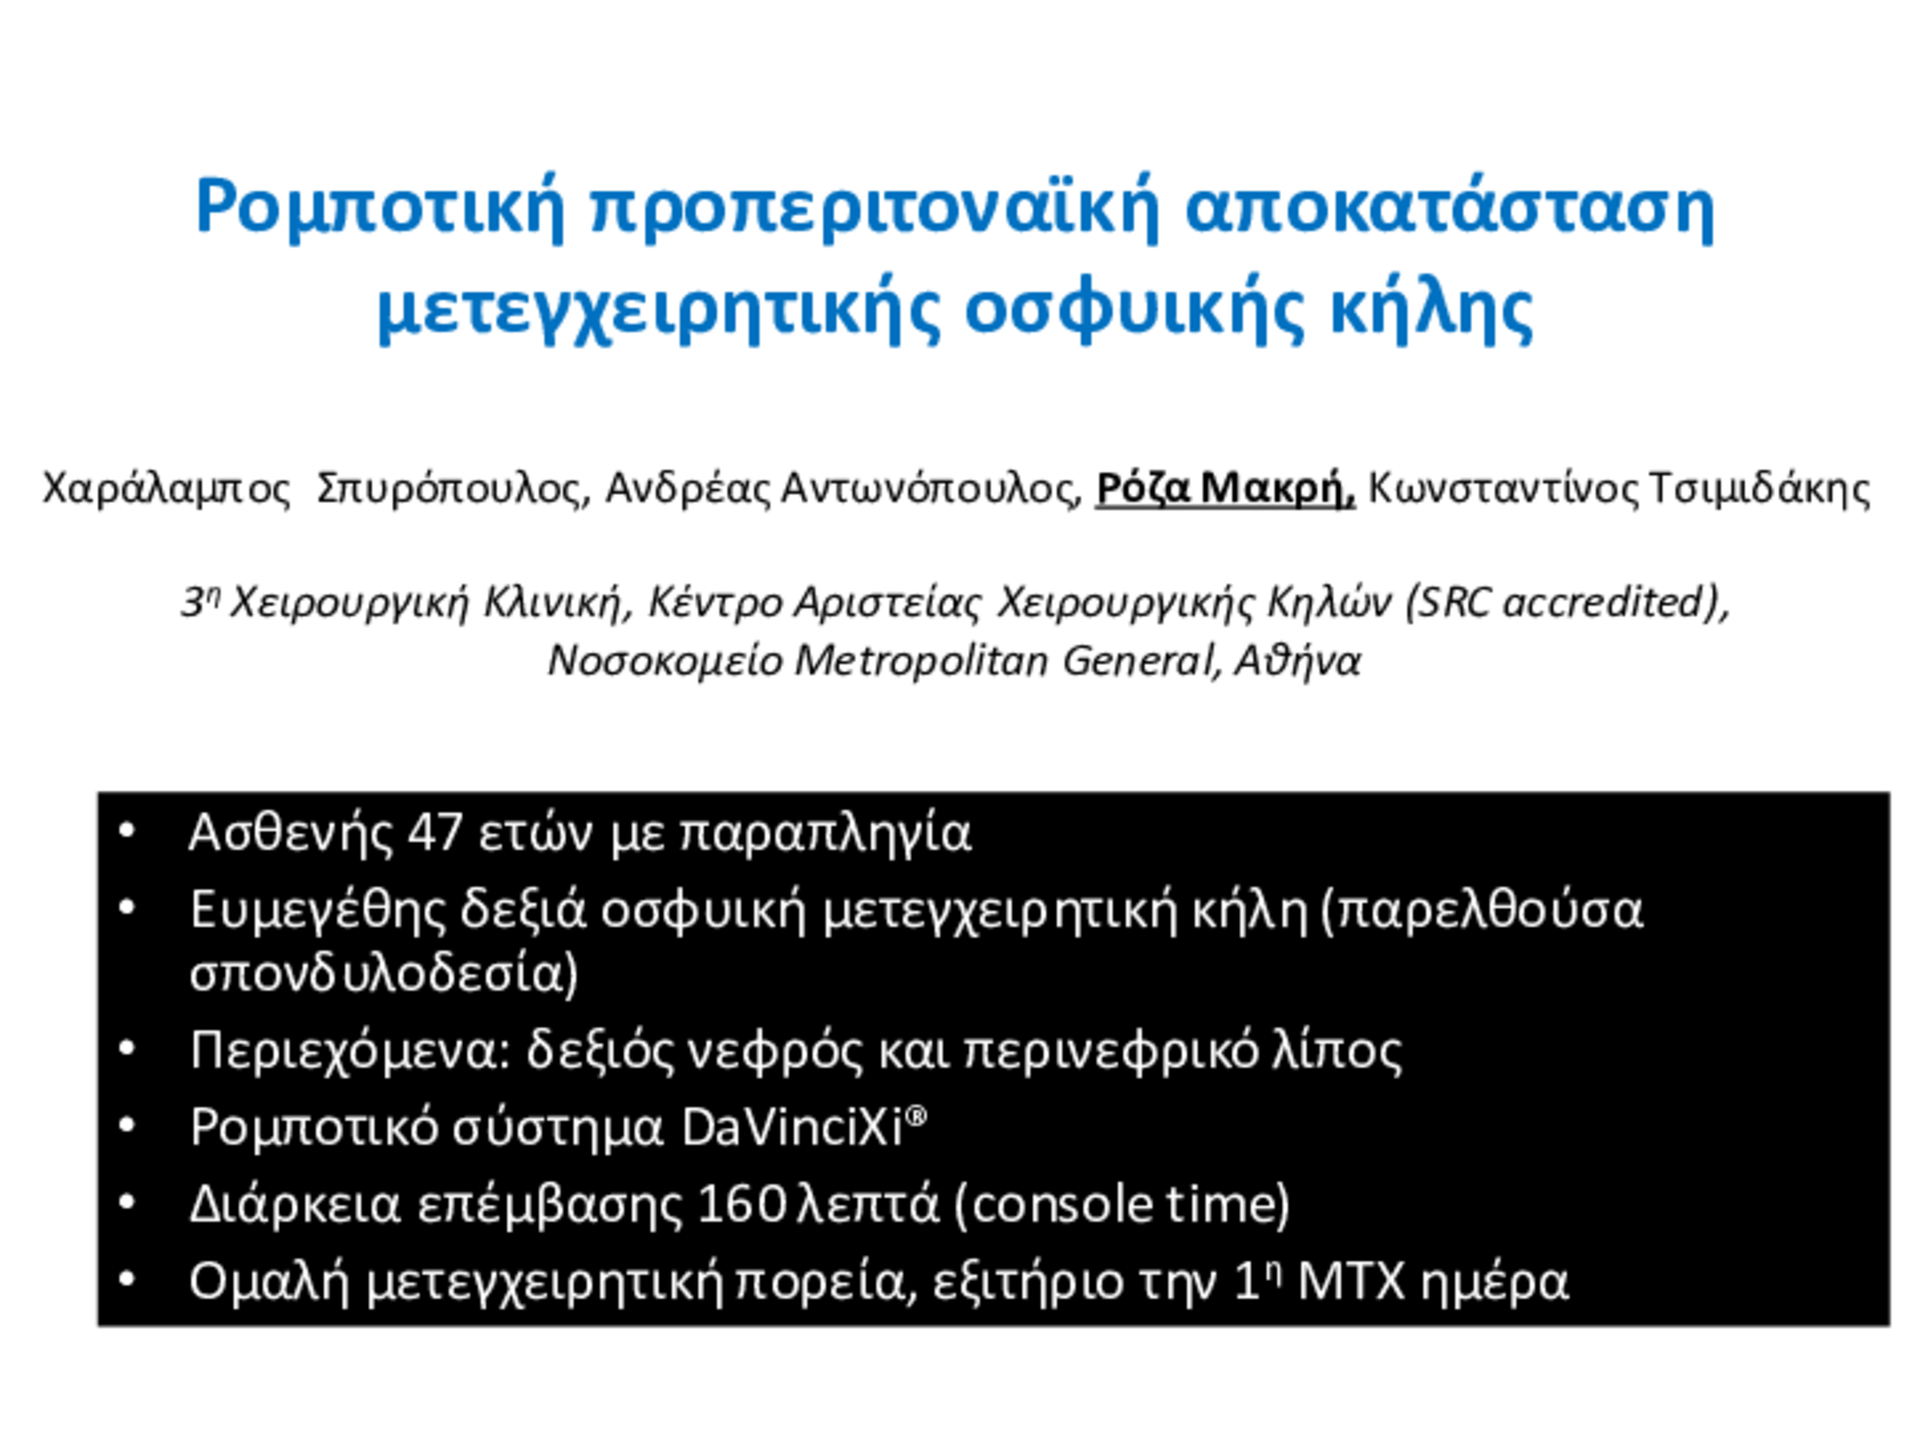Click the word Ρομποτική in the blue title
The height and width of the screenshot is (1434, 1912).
tap(380, 208)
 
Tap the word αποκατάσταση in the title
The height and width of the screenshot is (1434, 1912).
tap(1449, 208)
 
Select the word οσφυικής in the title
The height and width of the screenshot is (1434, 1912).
tap(1133, 309)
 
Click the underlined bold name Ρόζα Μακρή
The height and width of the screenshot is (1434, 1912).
tap(1224, 487)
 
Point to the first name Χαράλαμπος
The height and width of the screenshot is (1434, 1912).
tap(167, 488)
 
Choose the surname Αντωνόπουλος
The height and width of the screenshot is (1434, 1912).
tap(931, 487)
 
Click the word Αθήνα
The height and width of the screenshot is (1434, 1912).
tap(1298, 661)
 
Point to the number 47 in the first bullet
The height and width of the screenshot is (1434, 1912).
tap(435, 833)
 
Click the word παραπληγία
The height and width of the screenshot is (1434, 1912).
tap(826, 833)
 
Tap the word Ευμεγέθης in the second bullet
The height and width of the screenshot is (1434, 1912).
tap(318, 910)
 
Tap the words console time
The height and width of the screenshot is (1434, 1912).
tap(1121, 1204)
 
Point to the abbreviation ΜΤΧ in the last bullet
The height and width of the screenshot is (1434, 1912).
tap(1351, 1282)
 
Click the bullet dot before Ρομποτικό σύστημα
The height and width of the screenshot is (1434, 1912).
tap(128, 1126)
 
